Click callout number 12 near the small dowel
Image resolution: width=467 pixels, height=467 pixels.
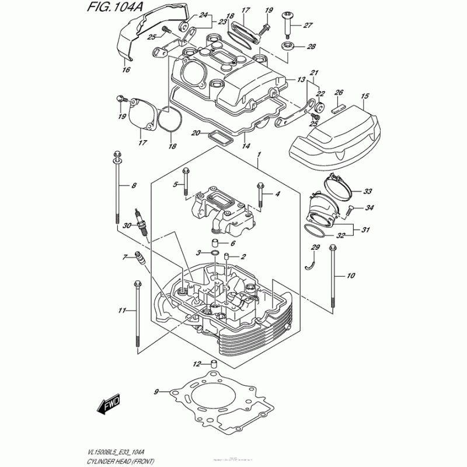(197, 364)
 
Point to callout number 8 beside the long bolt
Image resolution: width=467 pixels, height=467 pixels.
(134, 186)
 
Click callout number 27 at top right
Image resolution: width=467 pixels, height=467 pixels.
(308, 25)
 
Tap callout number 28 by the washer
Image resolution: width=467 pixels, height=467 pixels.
(311, 47)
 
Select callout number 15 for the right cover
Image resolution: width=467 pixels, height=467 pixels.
(365, 96)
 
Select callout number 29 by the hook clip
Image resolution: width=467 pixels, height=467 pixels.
(315, 248)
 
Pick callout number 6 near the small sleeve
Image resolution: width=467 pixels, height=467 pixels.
(232, 243)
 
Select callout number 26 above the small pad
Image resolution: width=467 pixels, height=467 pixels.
(338, 92)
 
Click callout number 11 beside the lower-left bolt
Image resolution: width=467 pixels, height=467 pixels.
(122, 310)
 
